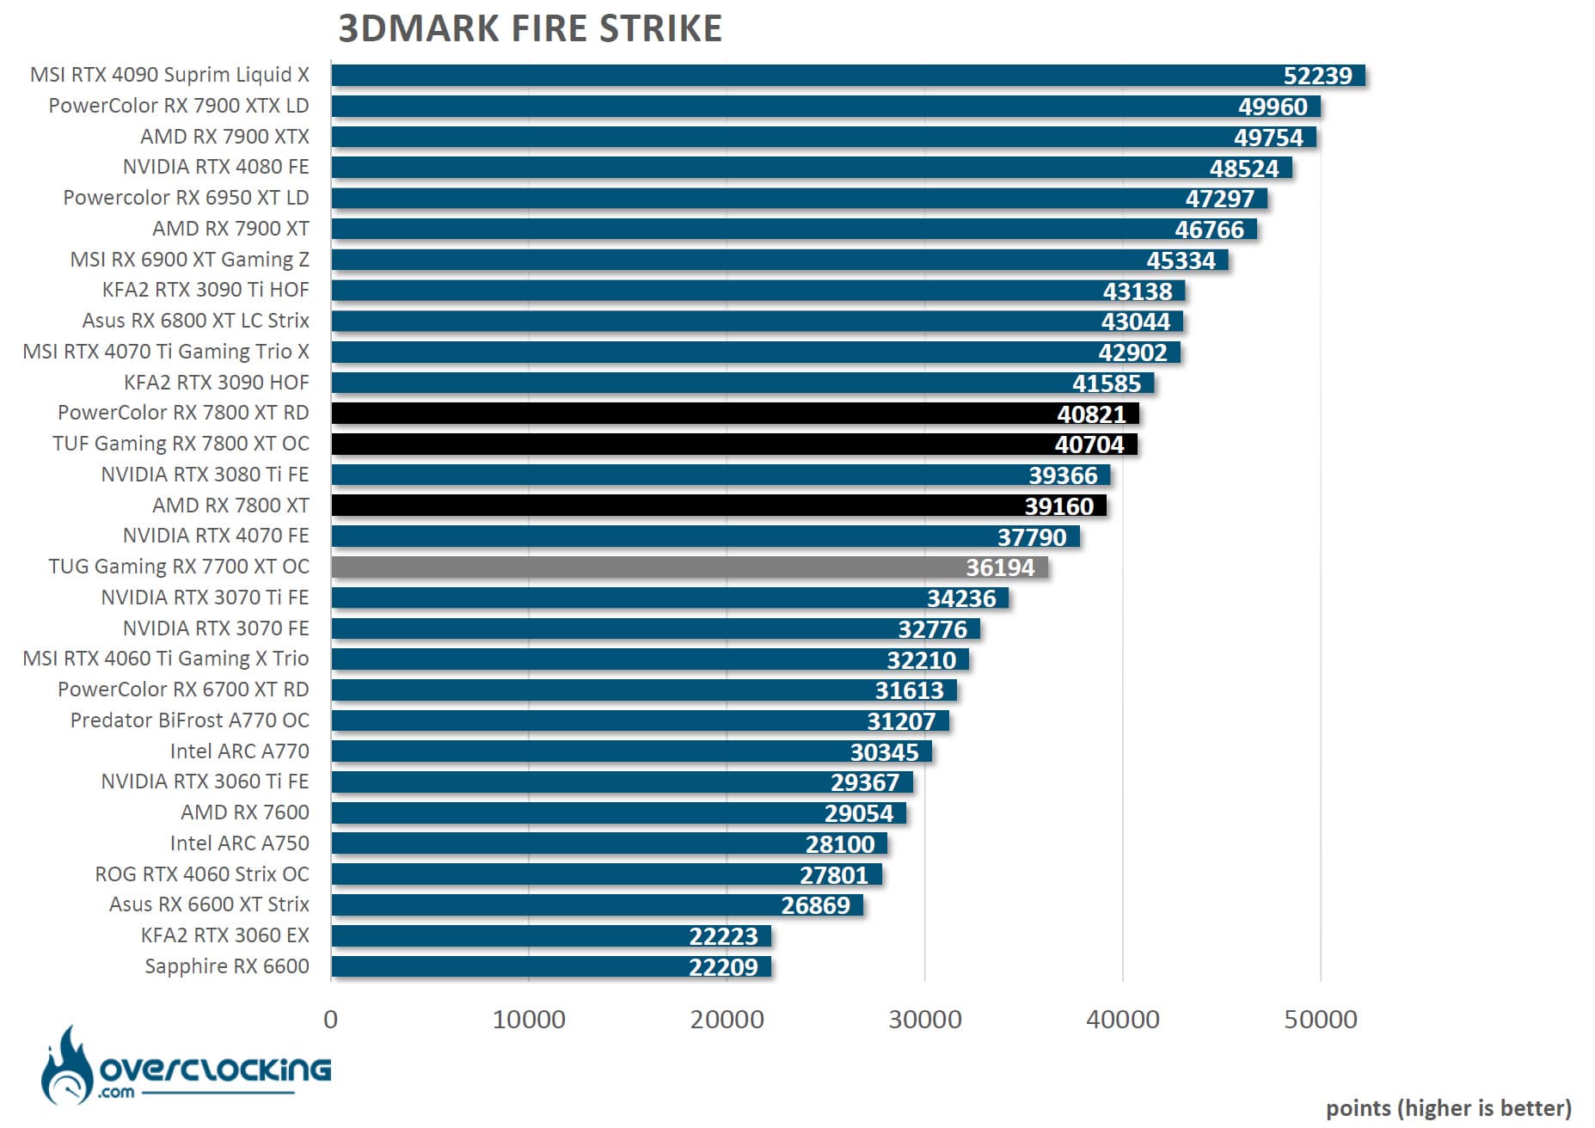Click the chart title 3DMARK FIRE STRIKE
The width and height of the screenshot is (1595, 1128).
point(530,28)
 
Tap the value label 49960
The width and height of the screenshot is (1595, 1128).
point(1272,107)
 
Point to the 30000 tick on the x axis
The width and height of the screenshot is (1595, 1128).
point(924,1020)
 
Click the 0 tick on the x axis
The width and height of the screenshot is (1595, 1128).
point(330,1020)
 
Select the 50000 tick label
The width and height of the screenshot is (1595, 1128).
point(1320,1020)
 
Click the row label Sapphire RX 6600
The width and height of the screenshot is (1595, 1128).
point(226,966)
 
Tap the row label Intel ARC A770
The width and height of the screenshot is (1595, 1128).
point(239,751)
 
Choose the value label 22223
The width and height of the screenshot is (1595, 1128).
point(723,936)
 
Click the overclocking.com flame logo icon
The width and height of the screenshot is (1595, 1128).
point(66,1066)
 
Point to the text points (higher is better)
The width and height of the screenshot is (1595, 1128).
point(1448,1108)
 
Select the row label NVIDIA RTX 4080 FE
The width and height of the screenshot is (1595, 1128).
point(215,167)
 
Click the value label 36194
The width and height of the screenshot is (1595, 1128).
point(999,567)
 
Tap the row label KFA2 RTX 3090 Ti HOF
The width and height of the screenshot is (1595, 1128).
point(205,290)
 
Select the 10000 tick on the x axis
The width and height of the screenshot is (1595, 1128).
point(528,1020)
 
